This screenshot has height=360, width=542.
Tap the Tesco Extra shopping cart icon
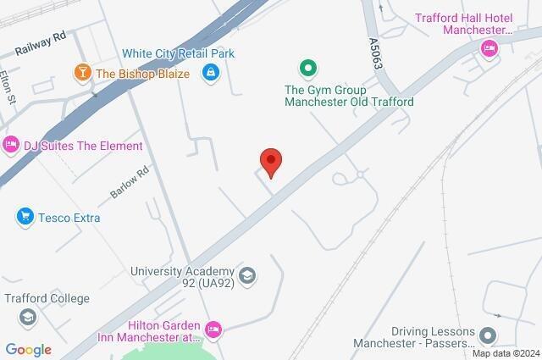(25, 218)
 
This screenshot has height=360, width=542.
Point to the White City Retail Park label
(178, 53)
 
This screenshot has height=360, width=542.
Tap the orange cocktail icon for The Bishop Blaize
(83, 73)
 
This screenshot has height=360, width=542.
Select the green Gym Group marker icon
(308, 67)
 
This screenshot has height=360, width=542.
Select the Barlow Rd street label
(129, 182)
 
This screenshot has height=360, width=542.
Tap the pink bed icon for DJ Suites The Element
(11, 146)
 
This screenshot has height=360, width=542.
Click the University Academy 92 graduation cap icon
(246, 275)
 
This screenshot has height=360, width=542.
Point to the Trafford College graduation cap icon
(29, 317)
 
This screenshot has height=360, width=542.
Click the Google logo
(28, 350)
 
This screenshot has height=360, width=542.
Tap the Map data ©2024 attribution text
(505, 353)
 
